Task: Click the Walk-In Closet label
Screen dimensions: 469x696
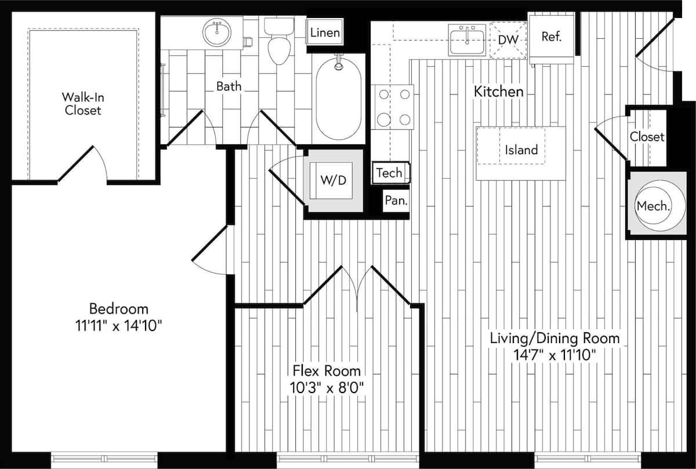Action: (83, 103)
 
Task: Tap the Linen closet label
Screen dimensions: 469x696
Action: (325, 32)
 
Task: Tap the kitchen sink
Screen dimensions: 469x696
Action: (467, 39)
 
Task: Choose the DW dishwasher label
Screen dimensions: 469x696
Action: (508, 39)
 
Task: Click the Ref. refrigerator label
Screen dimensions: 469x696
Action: (551, 37)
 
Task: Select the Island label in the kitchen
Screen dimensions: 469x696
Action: (521, 150)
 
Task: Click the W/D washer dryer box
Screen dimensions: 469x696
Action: (333, 180)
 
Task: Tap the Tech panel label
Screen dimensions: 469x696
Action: (389, 173)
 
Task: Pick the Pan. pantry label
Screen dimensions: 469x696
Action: (396, 201)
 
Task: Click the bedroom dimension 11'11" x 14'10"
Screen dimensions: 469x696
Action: (118, 326)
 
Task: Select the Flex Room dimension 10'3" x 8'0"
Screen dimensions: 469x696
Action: (327, 387)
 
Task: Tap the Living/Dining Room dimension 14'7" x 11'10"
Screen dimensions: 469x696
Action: (555, 354)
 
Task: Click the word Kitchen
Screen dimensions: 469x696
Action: (499, 92)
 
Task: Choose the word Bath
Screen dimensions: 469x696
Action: (229, 87)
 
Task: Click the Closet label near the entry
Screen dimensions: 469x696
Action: (647, 137)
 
